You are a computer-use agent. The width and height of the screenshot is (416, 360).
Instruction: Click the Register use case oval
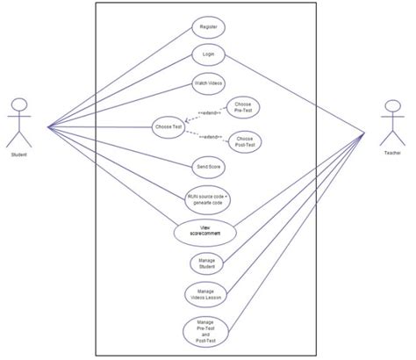(x=209, y=27)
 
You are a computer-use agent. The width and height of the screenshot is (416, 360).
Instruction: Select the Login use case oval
(x=208, y=54)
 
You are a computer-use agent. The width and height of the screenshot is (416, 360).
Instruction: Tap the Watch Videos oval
(x=208, y=83)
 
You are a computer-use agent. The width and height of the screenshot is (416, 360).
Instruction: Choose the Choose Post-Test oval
(x=246, y=140)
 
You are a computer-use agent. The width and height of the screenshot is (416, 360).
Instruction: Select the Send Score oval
(x=208, y=165)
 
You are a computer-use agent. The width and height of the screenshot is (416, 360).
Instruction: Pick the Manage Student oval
(x=208, y=263)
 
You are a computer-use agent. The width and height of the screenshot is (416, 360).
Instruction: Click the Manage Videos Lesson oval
(x=208, y=294)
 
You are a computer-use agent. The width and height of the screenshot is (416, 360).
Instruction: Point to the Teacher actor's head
(x=391, y=110)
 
